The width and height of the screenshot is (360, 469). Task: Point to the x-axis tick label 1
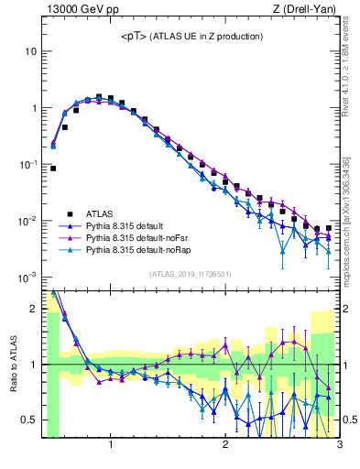coord(111,446)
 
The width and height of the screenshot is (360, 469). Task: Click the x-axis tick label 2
coord(225,446)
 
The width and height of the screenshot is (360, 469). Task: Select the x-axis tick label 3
coord(339,446)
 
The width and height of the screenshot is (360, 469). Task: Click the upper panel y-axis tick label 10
coord(30,51)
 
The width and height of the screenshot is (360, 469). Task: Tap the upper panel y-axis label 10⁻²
coord(28,221)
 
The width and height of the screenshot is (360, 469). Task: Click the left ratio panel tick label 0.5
coord(29,420)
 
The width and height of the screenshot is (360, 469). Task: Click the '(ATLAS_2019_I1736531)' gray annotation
coord(191,274)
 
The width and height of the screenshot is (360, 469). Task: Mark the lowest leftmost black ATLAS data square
coord(53,169)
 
